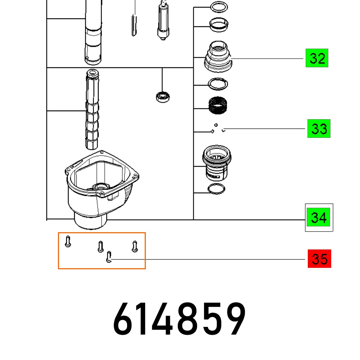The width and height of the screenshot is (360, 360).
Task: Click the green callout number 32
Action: [x=317, y=58]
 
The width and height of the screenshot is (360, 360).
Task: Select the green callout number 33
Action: [x=319, y=129]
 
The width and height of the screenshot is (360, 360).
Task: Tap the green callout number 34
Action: [x=319, y=217]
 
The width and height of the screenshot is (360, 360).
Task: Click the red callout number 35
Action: [x=319, y=258]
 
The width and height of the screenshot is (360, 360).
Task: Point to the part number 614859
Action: [x=180, y=319]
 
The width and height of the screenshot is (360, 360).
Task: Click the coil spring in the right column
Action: [x=218, y=105]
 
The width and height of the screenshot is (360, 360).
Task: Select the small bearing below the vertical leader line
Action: [x=163, y=97]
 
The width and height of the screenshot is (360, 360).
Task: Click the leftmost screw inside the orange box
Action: [x=68, y=241]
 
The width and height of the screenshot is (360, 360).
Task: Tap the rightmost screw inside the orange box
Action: [x=135, y=246]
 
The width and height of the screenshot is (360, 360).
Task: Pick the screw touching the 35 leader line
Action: [x=109, y=257]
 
